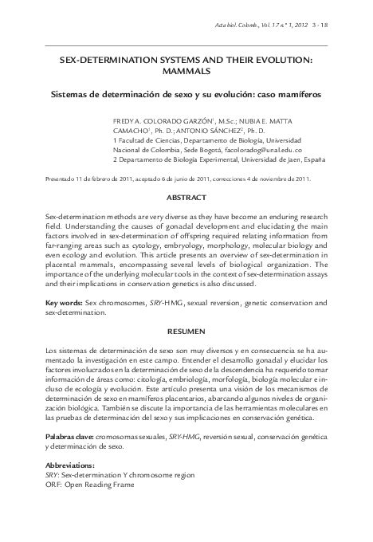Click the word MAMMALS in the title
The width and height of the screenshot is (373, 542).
click(x=186, y=71)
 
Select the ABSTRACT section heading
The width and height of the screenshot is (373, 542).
click(x=186, y=196)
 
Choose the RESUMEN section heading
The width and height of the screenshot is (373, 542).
click(x=186, y=330)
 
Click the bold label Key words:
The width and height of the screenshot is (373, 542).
click(x=67, y=304)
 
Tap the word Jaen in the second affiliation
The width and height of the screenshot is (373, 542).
click(x=280, y=159)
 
